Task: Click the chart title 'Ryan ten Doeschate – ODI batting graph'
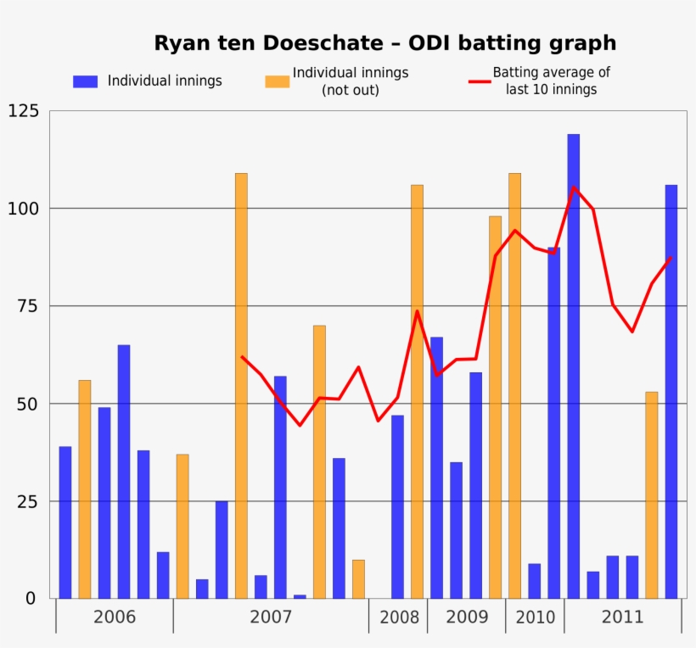[384, 43]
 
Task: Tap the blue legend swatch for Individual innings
[85, 81]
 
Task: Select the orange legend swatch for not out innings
[277, 81]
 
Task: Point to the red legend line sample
[480, 81]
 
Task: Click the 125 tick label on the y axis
[23, 111]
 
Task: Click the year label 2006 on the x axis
[115, 617]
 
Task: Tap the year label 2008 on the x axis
[398, 617]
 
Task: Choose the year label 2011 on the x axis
[622, 617]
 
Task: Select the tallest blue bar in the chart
[574, 366]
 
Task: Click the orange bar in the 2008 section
[417, 391]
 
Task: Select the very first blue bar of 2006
[65, 522]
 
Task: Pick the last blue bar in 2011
[671, 391]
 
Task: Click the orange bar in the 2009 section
[495, 407]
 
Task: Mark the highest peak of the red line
[574, 187]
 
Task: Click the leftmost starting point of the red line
[242, 356]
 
